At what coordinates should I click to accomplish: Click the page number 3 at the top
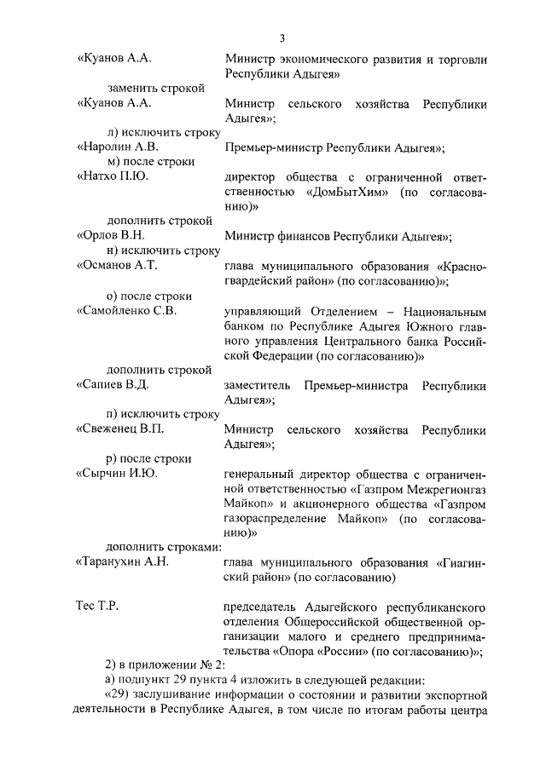coord(281,38)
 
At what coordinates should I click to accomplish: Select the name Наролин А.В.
coord(118,147)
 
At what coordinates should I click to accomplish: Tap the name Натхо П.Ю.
coord(114,176)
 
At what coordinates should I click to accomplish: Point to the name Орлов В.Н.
coord(113,236)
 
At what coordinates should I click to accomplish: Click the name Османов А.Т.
coord(118,265)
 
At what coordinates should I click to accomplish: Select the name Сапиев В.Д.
coord(115,384)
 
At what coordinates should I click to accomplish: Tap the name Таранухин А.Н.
coord(125,562)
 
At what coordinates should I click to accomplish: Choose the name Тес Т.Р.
coord(96,607)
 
